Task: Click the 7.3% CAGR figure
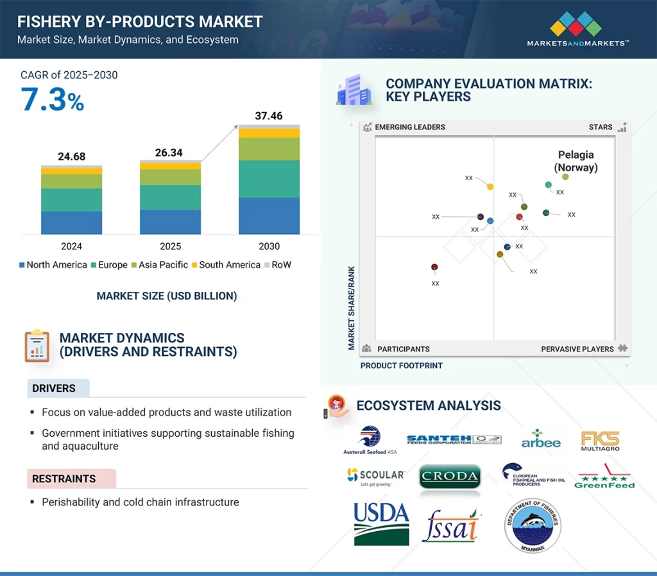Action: (52, 100)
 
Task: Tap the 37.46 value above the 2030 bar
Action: (269, 115)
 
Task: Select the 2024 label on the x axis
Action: (71, 246)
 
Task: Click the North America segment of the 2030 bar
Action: (269, 216)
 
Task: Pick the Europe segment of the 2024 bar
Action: (71, 200)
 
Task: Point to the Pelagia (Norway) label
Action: (576, 161)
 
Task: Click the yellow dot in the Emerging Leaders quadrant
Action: (490, 187)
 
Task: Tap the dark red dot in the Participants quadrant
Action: (434, 267)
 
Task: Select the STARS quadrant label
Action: (601, 127)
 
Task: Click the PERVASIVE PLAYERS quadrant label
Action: (577, 349)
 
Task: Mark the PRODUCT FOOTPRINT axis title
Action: (402, 366)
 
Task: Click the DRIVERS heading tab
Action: (55, 388)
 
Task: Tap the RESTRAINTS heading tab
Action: (64, 479)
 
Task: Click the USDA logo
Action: (381, 523)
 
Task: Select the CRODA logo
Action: (450, 477)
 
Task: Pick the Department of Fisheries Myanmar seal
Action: (532, 526)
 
